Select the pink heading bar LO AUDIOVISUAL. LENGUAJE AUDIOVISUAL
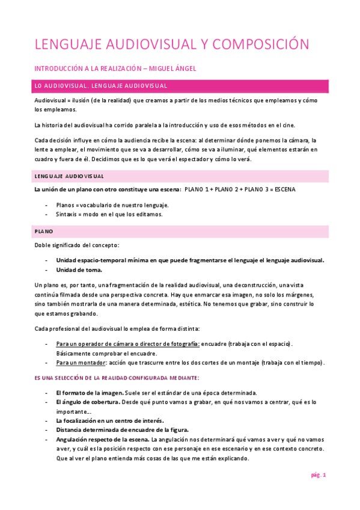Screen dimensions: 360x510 [x=180, y=85]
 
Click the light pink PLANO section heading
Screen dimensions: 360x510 [x=180, y=231]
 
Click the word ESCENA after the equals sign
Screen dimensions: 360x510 [x=282, y=189]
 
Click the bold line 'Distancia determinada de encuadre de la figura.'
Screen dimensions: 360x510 [x=122, y=429]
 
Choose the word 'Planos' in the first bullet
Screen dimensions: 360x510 [x=65, y=205]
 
